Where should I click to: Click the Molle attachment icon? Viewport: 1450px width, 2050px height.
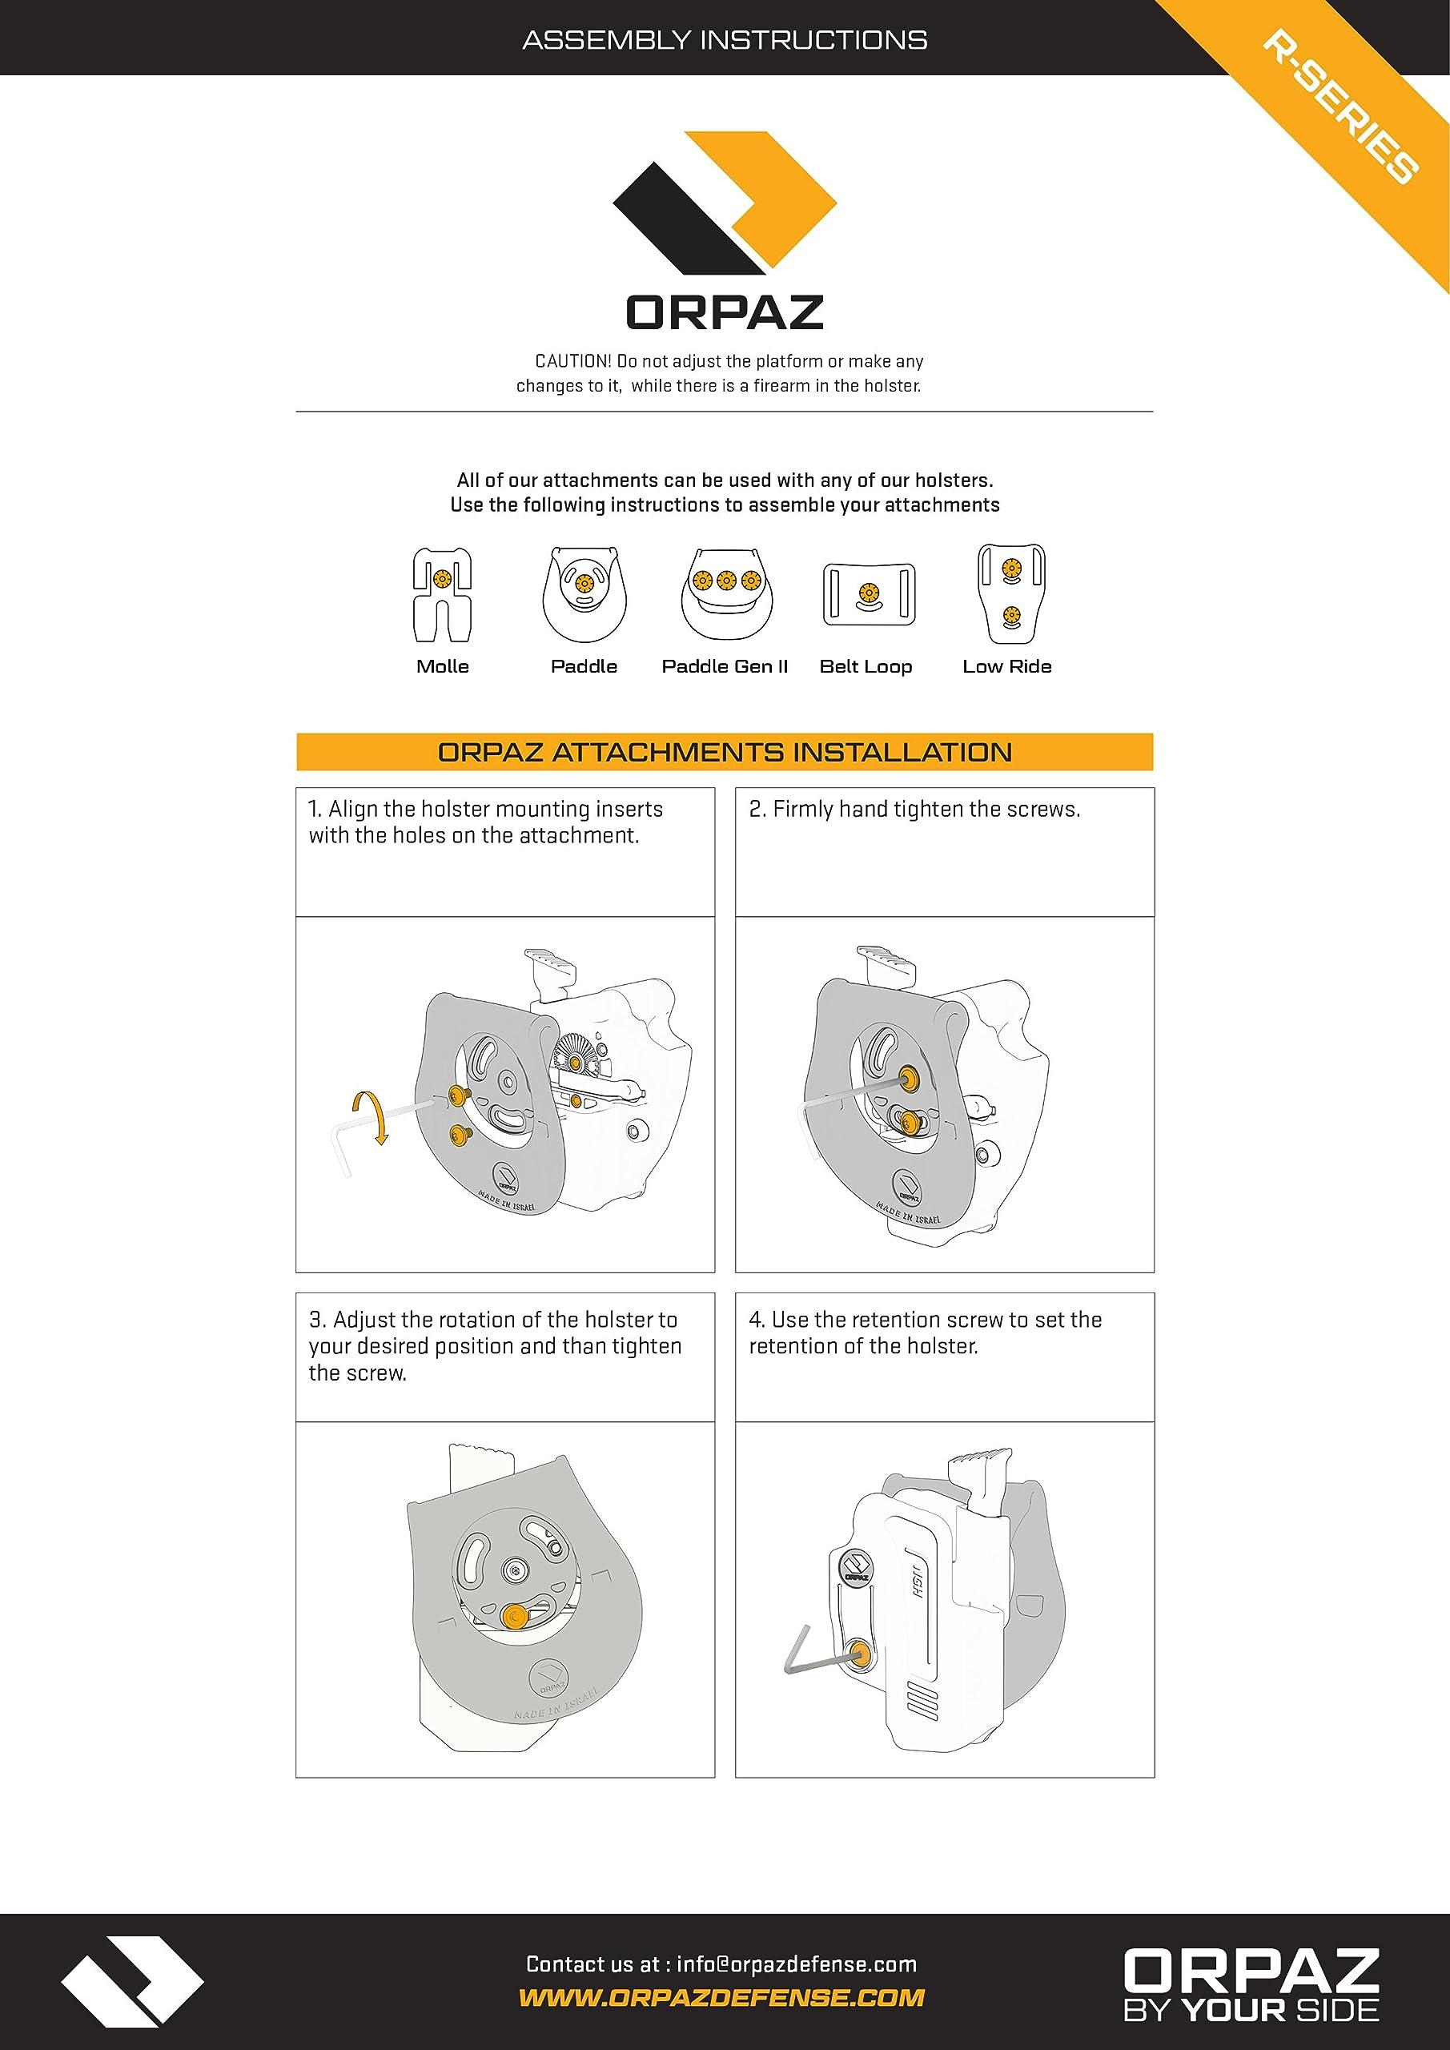coord(442,595)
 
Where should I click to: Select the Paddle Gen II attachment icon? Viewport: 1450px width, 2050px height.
coord(725,596)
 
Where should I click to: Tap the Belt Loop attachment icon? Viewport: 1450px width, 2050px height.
coord(866,595)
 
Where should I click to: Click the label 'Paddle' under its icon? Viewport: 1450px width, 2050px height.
coord(584,666)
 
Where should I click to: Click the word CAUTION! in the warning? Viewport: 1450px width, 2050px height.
coord(572,362)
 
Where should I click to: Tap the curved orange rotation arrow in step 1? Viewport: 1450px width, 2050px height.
coord(374,1115)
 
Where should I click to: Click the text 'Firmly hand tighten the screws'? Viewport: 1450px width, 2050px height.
coord(925,809)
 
